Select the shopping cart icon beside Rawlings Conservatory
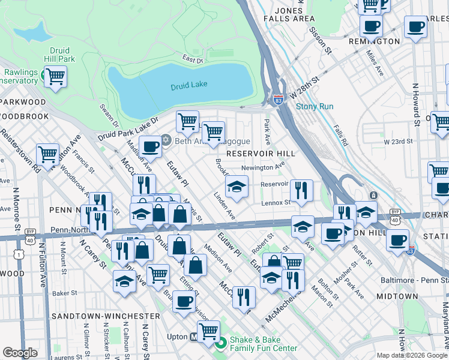tap(55, 77)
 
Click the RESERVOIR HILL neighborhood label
tap(265, 154)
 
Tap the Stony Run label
tap(314, 107)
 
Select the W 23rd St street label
tap(399, 141)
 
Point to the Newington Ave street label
tap(262, 168)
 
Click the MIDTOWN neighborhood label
tap(397, 296)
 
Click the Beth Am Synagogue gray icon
tap(166, 140)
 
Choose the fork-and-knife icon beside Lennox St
tap(301, 190)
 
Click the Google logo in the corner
tap(20, 353)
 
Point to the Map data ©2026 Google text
tap(411, 355)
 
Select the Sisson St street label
tap(320, 37)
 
